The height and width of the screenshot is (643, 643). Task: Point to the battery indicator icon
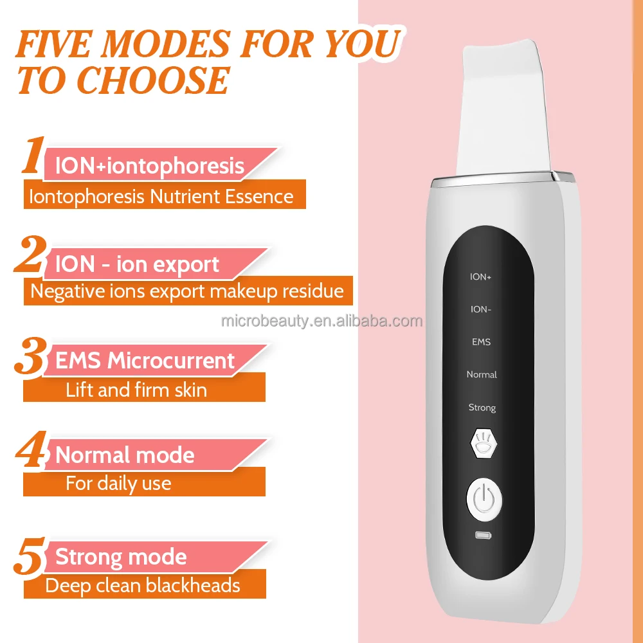click(482, 535)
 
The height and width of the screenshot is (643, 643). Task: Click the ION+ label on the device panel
click(481, 277)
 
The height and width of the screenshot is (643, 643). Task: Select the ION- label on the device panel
click(481, 309)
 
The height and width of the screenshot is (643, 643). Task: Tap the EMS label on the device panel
click(481, 342)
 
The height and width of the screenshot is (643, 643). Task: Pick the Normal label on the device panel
click(482, 374)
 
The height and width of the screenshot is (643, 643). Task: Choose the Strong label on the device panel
click(482, 408)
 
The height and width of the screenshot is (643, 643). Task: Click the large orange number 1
click(32, 156)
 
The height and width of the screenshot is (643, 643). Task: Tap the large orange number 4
click(31, 453)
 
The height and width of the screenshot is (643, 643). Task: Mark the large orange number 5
click(30, 557)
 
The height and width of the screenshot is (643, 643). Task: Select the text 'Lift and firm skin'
click(136, 390)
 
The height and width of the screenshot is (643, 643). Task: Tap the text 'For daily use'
click(118, 483)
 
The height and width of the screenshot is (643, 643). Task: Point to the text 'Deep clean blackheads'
click(142, 585)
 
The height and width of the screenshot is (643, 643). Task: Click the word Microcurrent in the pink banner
click(171, 361)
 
